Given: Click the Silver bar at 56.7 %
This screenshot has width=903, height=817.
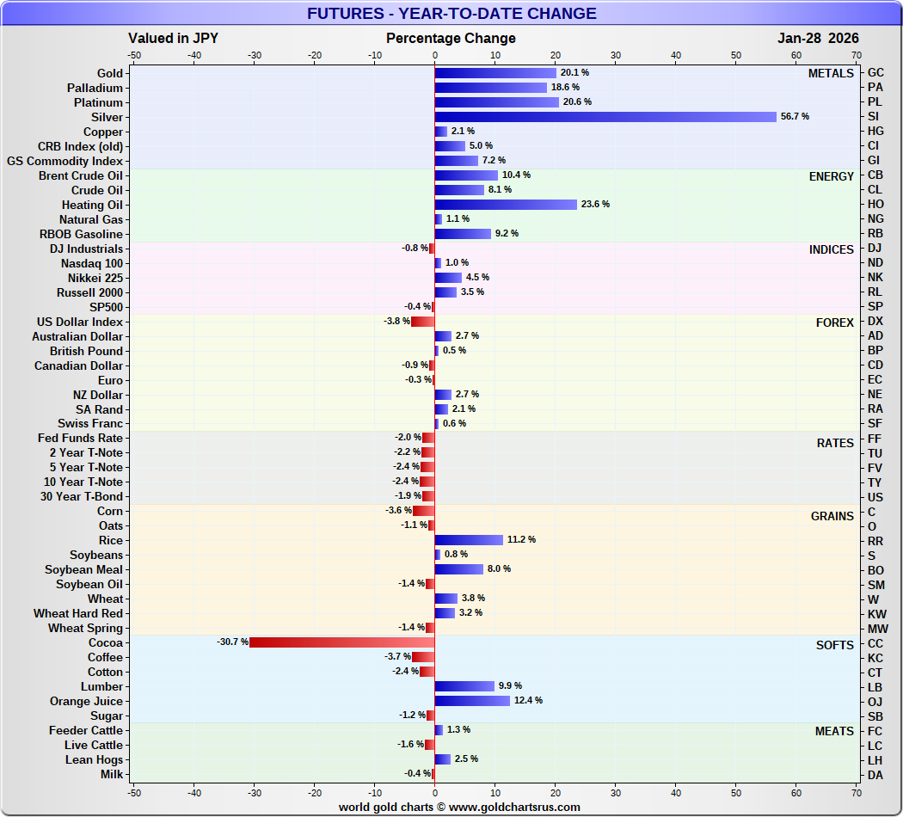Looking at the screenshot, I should [605, 117].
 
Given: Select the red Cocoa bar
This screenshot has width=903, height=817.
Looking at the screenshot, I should [342, 642].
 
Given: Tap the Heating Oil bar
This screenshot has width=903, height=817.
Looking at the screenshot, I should [506, 205].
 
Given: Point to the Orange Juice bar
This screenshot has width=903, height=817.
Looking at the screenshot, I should [472, 701].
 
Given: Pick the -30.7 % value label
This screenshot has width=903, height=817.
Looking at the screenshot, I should [232, 642].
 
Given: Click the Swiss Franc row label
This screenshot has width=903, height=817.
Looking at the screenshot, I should [90, 424].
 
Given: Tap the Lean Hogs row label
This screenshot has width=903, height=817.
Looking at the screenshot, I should [94, 760].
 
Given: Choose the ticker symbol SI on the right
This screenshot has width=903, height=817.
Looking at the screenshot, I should [875, 117].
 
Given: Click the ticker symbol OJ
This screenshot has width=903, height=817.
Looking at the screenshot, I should [875, 701].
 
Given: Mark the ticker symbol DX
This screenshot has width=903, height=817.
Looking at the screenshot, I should [875, 322].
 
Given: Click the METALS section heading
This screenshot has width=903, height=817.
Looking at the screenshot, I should [831, 74].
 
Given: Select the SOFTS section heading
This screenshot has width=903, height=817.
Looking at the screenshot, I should [834, 646].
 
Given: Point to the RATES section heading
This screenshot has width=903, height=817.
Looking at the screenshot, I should [835, 444].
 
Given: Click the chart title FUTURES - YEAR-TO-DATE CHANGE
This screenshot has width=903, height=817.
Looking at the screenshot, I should [451, 14].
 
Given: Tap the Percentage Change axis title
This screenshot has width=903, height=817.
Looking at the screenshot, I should [451, 39].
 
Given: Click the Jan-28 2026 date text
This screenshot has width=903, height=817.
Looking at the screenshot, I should [817, 39].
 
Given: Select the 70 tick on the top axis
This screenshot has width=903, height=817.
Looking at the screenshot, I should [856, 55].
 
